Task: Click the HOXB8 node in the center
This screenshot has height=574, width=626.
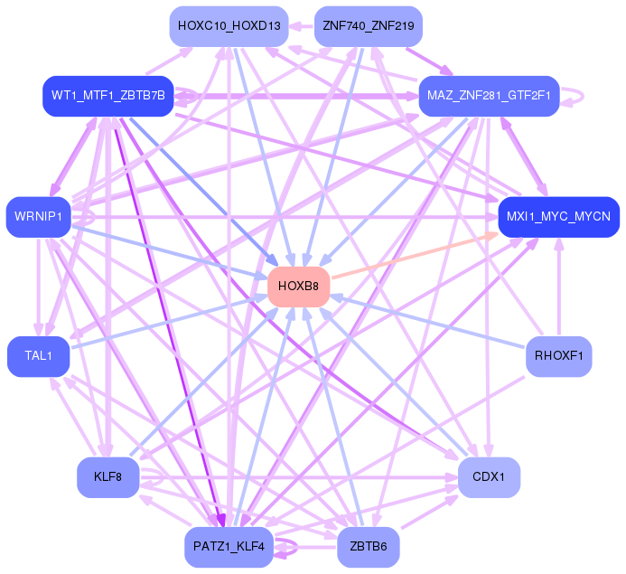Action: point(299,286)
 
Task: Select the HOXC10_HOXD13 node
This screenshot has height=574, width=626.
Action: point(229,25)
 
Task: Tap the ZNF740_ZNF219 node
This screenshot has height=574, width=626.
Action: point(368,25)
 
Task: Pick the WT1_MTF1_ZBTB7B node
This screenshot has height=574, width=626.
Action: point(107,96)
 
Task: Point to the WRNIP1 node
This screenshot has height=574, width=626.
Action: point(38,216)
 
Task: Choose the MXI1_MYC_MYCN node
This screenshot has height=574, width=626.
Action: point(558,217)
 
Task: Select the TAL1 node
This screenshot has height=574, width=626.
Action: point(38,356)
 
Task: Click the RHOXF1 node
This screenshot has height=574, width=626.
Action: point(558,356)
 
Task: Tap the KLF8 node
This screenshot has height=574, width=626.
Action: point(107,476)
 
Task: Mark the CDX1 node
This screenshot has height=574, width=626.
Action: point(489,476)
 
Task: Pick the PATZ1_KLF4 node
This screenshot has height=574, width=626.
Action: point(229,547)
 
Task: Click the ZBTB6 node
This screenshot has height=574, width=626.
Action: point(368,547)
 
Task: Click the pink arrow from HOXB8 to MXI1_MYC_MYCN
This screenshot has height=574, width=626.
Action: point(416,255)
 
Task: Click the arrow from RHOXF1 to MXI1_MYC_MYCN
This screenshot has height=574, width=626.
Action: point(558,289)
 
